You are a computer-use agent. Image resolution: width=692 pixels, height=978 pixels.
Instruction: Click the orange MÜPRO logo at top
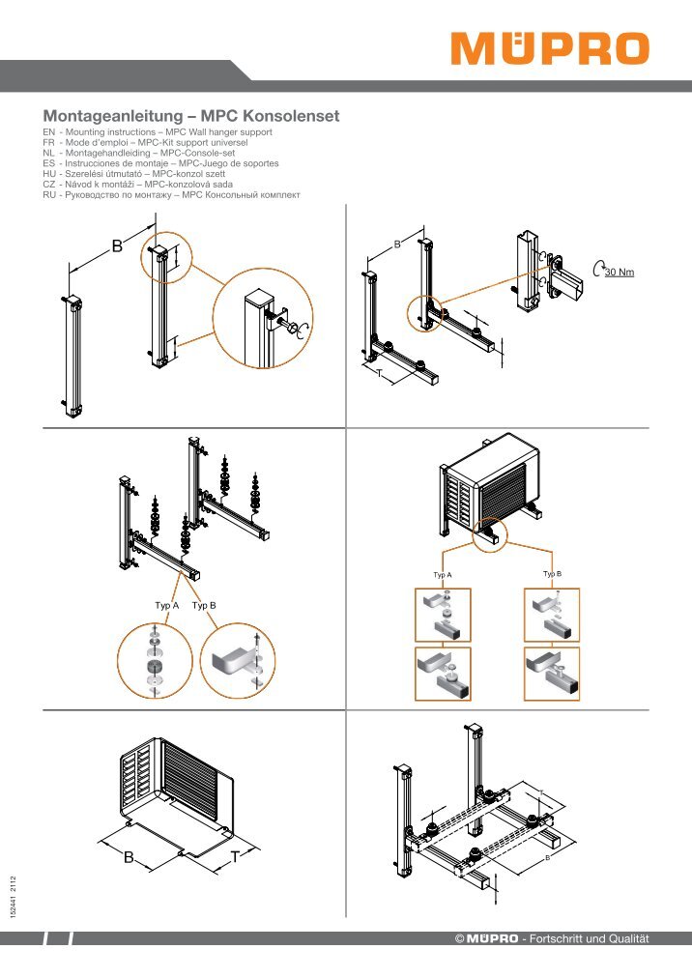550,48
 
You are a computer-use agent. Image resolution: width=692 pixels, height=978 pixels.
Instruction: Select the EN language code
48,132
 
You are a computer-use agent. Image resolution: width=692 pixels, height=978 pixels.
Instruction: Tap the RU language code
48,195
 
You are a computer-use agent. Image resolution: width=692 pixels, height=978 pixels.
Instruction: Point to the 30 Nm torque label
619,272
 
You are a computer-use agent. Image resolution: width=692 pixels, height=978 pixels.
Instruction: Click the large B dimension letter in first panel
117,246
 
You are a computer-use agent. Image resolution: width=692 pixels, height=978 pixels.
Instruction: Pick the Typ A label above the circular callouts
166,606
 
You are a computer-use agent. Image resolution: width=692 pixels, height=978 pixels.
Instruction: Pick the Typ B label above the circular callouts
204,606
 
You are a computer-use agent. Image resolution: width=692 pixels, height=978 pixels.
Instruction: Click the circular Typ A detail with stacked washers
155,661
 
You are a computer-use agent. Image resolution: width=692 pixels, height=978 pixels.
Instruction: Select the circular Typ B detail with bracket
238,660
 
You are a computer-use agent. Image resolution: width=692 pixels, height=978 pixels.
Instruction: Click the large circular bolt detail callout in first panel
263,318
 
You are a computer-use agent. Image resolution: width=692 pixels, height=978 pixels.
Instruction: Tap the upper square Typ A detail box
443,615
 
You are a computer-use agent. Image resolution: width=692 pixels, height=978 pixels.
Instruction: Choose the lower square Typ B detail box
552,674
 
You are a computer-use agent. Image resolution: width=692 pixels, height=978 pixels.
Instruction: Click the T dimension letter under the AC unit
235,857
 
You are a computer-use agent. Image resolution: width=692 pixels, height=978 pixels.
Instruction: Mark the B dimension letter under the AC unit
129,857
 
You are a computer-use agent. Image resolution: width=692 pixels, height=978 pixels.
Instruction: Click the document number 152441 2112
14,896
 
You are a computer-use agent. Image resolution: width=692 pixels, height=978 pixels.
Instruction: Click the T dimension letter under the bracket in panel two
380,374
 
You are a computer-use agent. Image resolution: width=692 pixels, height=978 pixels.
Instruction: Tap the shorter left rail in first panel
73,357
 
